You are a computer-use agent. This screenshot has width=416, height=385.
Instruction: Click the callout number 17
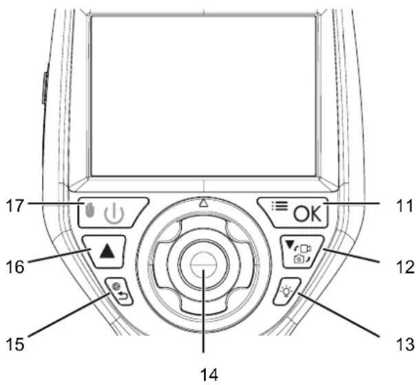[15, 206]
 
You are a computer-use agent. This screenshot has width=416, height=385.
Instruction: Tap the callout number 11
[404, 206]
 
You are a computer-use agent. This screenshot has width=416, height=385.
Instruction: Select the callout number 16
[15, 267]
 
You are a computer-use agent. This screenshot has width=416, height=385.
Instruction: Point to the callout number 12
[405, 267]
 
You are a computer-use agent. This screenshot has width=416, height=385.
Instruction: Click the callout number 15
[15, 344]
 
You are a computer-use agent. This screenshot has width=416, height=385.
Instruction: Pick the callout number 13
[405, 344]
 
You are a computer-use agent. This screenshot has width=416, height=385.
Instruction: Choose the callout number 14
[209, 375]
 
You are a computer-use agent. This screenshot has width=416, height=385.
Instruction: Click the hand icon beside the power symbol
[90, 210]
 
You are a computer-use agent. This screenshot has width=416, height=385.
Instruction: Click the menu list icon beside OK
[280, 206]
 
